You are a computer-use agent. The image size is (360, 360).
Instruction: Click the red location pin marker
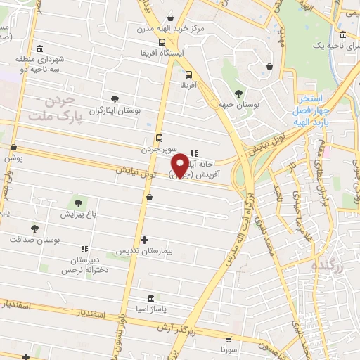click(x=181, y=164)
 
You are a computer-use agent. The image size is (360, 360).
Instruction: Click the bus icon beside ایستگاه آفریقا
click(x=162, y=42)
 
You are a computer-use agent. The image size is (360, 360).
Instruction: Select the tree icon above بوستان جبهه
click(x=238, y=93)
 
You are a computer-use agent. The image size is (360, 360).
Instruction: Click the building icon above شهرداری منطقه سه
click(x=39, y=49)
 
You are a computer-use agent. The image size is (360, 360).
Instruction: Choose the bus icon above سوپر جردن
click(x=159, y=139)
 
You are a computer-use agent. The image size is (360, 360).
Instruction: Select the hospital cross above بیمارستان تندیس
click(x=144, y=240)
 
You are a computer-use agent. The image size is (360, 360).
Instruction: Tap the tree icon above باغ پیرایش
click(x=78, y=204)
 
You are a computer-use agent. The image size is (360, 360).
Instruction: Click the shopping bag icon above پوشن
click(x=14, y=148)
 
